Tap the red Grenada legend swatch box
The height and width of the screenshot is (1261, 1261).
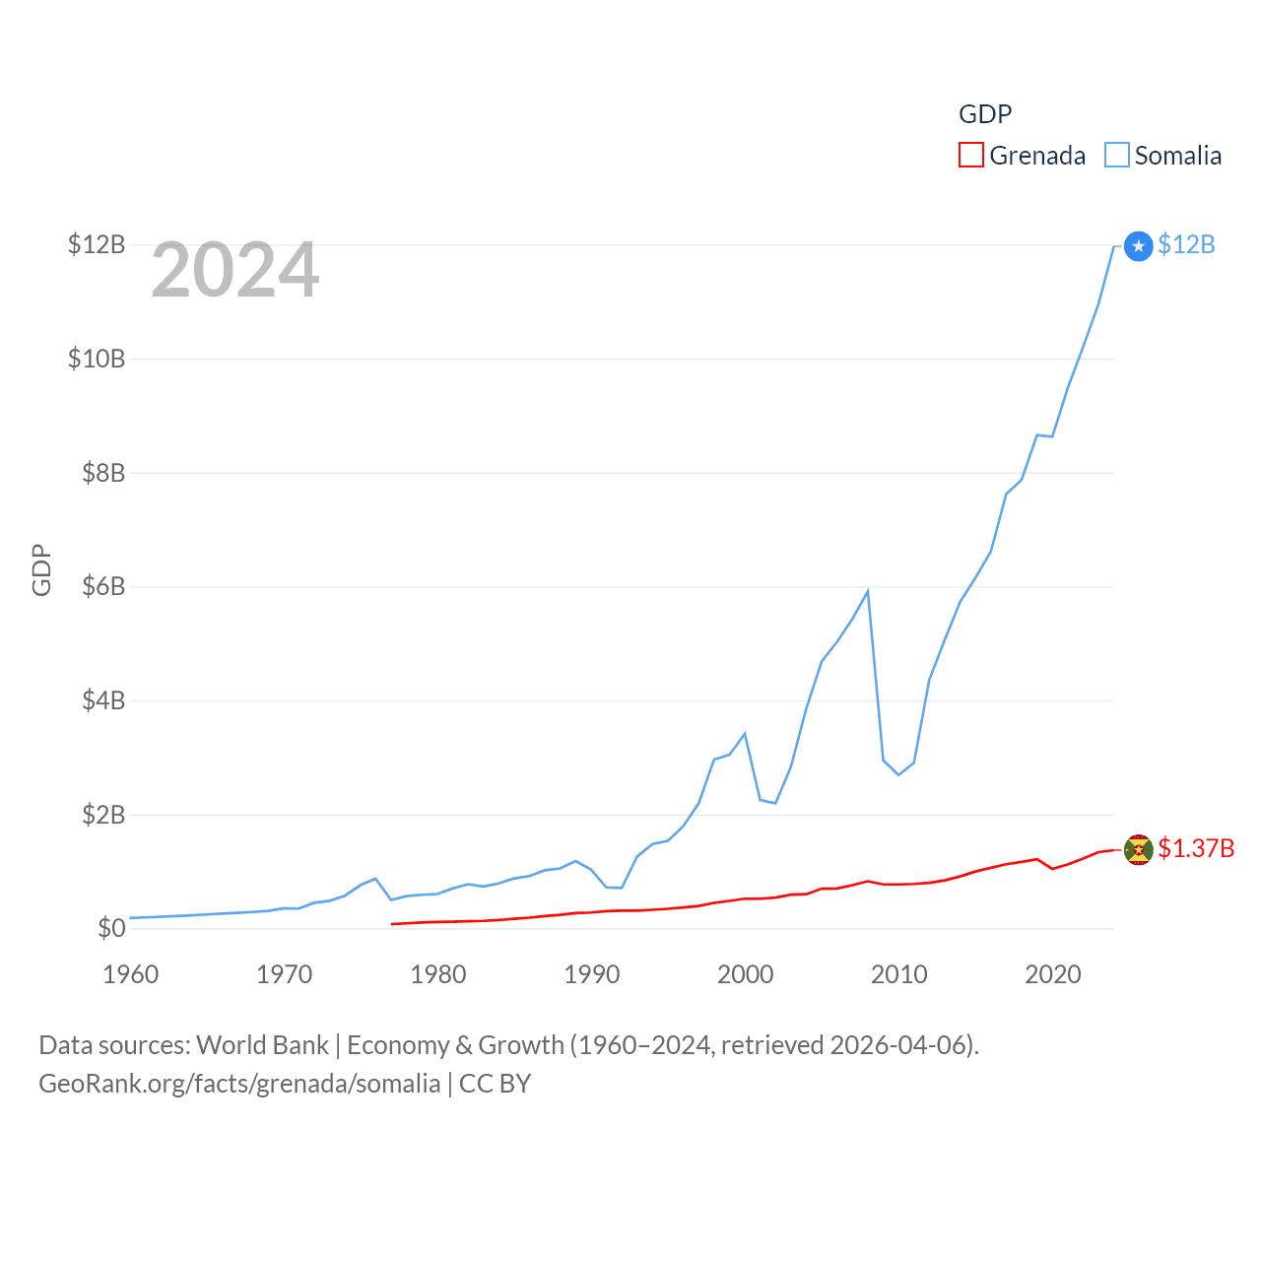[971, 156]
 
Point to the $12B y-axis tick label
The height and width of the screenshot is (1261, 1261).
[97, 244]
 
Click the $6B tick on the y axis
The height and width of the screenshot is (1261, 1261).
[103, 587]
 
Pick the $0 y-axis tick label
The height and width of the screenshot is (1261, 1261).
[111, 928]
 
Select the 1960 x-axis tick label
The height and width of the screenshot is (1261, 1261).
[131, 974]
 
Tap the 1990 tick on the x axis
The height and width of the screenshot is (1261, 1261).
[592, 974]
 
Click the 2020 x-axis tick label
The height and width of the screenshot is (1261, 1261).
[1053, 974]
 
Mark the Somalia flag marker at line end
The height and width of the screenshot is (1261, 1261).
[1138, 246]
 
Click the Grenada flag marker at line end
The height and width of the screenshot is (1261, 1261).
[1138, 849]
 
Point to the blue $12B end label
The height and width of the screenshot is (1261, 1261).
[1186, 244]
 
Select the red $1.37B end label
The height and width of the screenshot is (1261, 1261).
[1196, 848]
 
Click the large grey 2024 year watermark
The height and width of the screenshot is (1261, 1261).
[234, 270]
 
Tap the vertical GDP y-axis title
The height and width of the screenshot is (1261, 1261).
[41, 569]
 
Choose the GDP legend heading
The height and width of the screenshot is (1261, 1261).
[985, 114]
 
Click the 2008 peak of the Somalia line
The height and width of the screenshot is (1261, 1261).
[867, 591]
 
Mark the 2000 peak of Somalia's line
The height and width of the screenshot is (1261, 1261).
[745, 734]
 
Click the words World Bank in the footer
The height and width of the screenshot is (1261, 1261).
[263, 1045]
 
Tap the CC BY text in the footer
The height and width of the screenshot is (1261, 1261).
[495, 1084]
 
